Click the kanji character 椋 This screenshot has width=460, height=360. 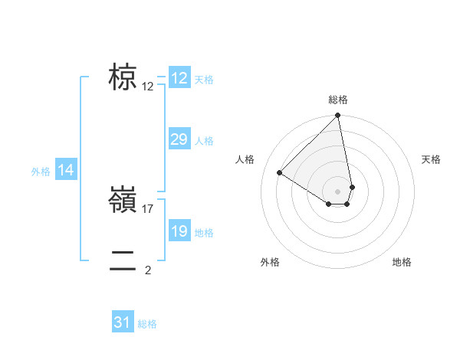pos(123,78)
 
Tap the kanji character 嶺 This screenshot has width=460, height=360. pos(123,201)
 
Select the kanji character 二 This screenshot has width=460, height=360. pos(123,260)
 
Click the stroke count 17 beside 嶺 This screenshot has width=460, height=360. pos(149,208)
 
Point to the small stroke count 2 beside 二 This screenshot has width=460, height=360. pos(148,270)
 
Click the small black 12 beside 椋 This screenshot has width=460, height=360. pos(148,87)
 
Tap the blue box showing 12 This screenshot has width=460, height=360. pos(179,78)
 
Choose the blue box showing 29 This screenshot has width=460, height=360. pos(179,139)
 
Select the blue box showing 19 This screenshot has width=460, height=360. pos(179,232)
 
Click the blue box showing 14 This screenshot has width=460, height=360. pos(66,171)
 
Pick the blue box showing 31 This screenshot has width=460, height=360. pos(123,322)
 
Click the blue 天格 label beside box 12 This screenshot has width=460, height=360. pos(204,80)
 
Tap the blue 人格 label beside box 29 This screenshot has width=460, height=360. pos(204,141)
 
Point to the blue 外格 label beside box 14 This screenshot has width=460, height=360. pos(41,172)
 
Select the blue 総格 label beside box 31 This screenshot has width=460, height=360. pos(147,324)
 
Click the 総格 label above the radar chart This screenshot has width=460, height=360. pos(338,100)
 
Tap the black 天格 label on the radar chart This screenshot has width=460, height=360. pos(432,159)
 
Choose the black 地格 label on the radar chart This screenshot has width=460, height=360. pos(402,263)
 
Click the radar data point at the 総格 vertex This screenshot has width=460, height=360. pos(338,116)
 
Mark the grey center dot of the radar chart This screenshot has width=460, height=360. pos(338,191)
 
